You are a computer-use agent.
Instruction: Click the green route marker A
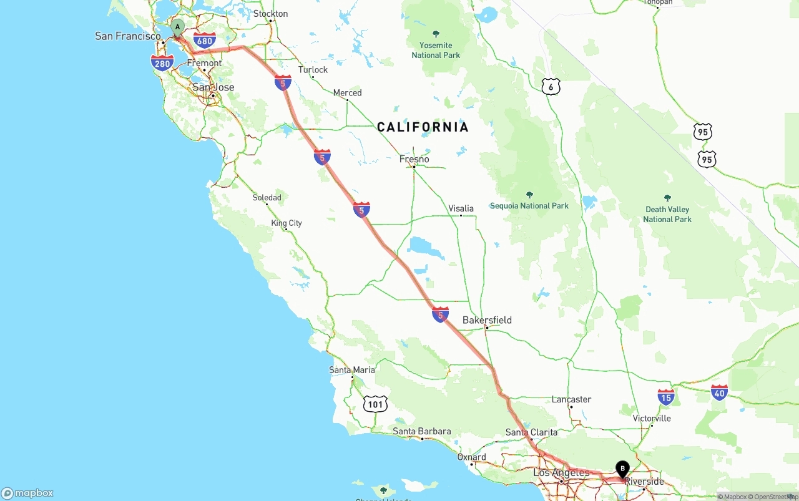(177, 27)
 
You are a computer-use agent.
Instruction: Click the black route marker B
(622, 469)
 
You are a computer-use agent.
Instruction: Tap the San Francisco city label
(127, 36)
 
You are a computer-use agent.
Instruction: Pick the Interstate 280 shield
(162, 62)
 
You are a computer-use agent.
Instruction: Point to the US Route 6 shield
(550, 86)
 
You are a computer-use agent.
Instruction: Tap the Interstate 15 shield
(666, 396)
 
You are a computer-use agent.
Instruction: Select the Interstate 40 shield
(719, 392)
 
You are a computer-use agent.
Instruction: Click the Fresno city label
(414, 159)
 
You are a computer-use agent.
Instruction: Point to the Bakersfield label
(487, 320)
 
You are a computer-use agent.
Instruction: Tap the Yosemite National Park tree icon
(436, 34)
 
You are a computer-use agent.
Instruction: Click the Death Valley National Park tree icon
(667, 198)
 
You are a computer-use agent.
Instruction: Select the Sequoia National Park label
(529, 206)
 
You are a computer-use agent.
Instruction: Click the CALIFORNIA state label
(423, 127)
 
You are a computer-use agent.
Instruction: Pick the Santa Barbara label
(421, 431)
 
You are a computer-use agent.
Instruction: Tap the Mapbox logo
(27, 493)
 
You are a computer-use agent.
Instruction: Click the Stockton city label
(271, 14)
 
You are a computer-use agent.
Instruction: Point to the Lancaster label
(571, 399)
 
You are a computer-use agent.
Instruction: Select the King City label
(287, 223)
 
